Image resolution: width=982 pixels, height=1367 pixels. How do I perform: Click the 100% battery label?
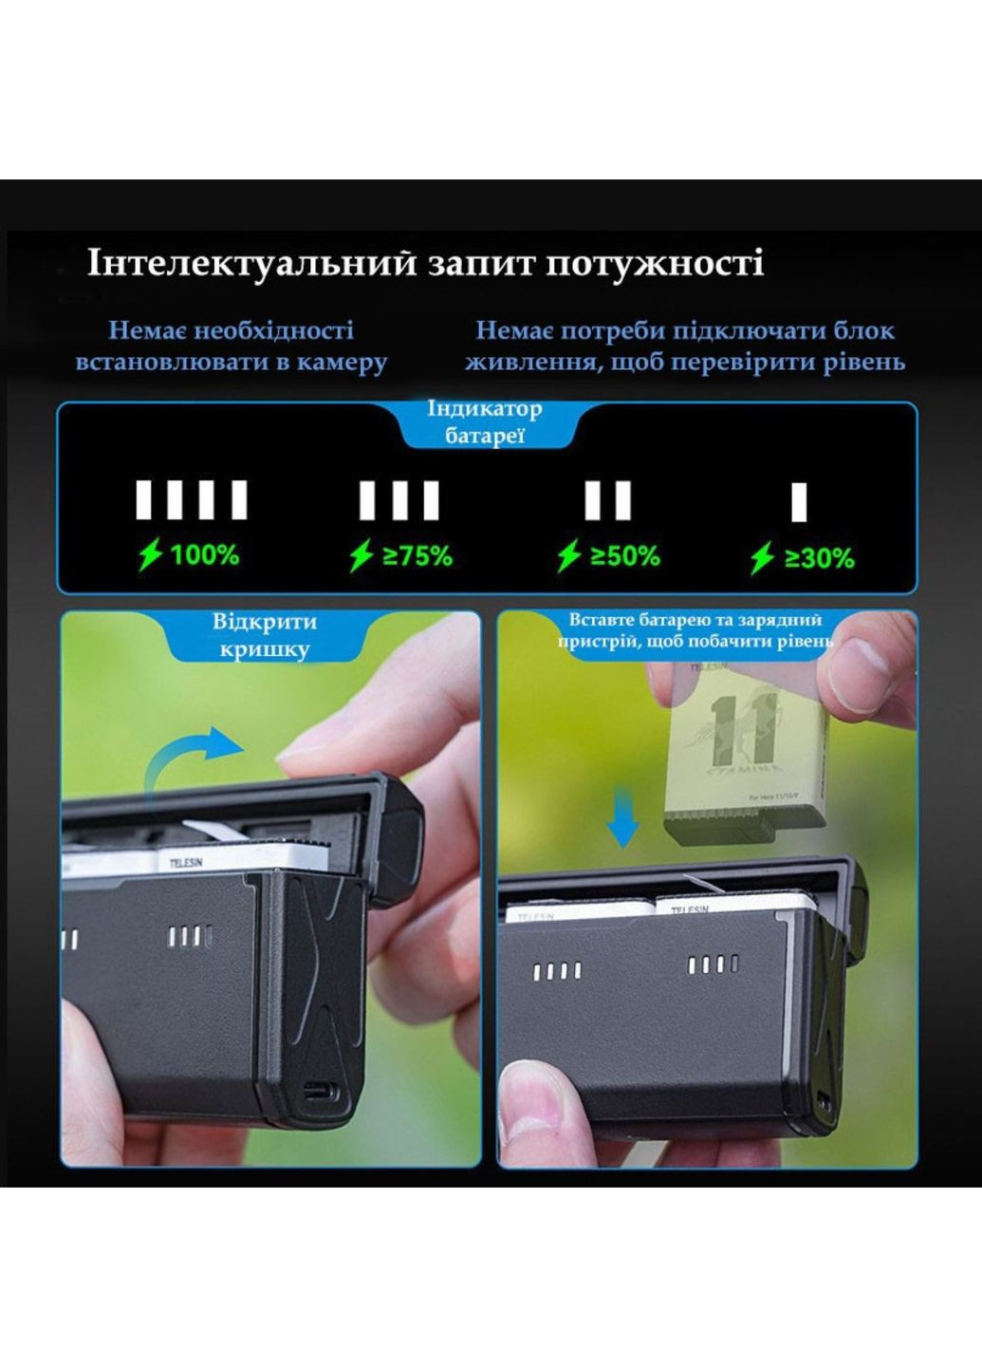click(204, 554)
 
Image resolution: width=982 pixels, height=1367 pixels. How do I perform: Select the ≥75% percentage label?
click(417, 555)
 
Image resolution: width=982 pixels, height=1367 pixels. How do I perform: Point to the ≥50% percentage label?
click(624, 555)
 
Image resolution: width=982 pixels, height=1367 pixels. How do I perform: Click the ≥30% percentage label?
click(819, 558)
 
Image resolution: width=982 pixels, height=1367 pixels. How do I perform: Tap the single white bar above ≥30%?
click(799, 501)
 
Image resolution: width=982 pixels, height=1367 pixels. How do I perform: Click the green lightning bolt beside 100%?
click(150, 554)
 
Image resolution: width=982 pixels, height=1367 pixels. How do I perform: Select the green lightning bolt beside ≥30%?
click(762, 558)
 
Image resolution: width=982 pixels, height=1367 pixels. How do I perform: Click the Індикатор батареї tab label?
click(484, 422)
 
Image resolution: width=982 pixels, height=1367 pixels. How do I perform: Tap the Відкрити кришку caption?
click(265, 635)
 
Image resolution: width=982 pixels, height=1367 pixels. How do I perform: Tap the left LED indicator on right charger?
click(557, 971)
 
